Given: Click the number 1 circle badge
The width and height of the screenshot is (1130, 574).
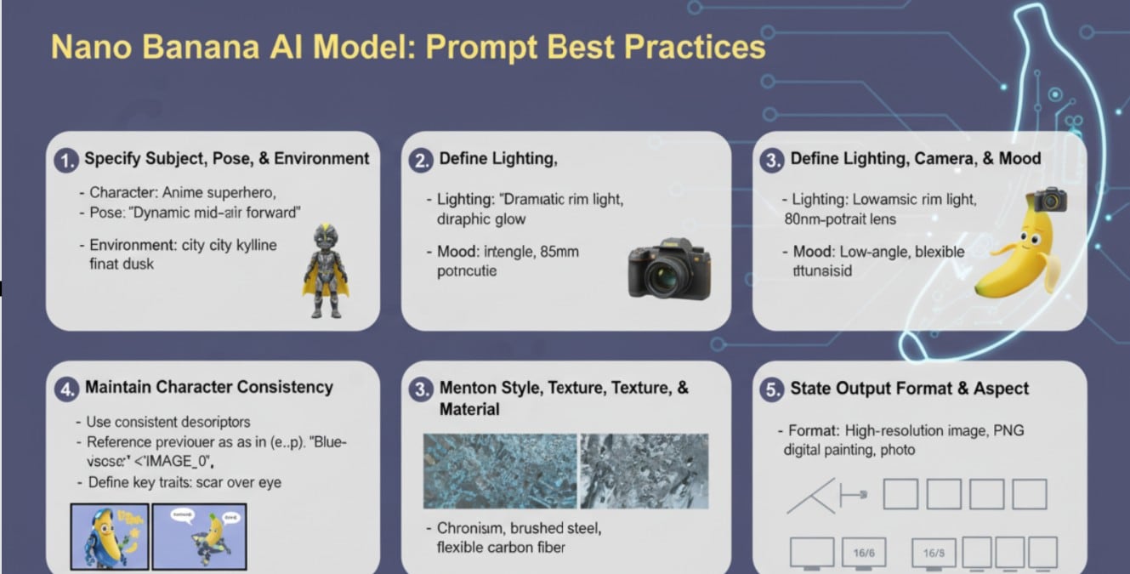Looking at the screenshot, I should coord(66,160).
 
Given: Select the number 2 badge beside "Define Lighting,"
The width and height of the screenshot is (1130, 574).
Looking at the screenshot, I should coord(421,161).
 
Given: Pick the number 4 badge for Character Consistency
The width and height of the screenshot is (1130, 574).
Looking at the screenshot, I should coord(67,389).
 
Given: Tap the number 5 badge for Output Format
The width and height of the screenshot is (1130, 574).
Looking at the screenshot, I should coord(771,390).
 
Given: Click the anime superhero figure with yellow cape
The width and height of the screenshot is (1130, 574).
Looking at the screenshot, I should coord(325,271).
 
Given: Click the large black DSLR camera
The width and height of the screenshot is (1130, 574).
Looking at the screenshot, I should coord(668,268).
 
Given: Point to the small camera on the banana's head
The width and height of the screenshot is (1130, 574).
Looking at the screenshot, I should coord(1051,199).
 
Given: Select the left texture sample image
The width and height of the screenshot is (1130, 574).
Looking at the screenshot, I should coord(500,470).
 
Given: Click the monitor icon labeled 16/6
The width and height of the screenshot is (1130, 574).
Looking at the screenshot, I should coord(862,553).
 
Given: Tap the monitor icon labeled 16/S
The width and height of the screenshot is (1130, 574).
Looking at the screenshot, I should coord(933,553).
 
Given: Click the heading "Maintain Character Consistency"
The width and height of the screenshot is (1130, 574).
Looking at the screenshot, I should coord(208,388).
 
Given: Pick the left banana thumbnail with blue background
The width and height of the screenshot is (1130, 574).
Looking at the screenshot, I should coord(110,536).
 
